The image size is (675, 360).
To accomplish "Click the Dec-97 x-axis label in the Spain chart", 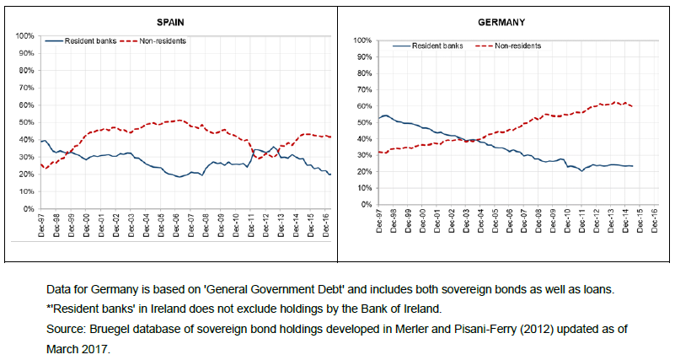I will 41,225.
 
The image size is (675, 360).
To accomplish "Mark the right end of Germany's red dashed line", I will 633,106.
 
